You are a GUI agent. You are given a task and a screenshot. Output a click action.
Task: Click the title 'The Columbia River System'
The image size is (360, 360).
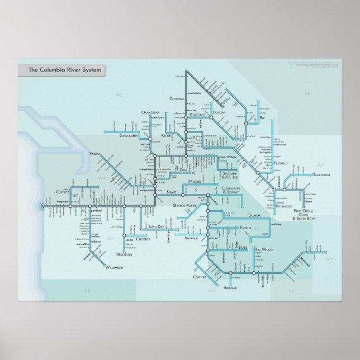point(61,70)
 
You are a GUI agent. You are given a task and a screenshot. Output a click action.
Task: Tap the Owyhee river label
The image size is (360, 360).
point(200,277)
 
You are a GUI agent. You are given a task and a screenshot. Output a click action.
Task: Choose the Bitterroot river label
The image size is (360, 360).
point(284,206)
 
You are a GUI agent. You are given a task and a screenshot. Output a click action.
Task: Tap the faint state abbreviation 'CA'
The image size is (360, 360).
point(87,291)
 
